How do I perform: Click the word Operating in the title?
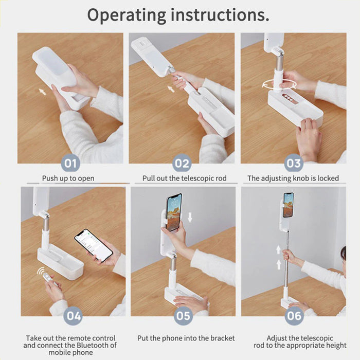click(x=127, y=15)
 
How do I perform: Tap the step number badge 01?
click(x=70, y=163)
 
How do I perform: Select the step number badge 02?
click(x=182, y=163)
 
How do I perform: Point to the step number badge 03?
click(x=294, y=163)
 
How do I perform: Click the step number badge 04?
click(x=73, y=316)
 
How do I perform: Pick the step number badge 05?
click(x=183, y=316)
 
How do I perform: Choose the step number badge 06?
click(x=294, y=316)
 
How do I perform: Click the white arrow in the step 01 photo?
click(x=42, y=92)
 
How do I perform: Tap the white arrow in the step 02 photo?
click(x=171, y=88)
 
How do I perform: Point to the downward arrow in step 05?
click(x=190, y=218)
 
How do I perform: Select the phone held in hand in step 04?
click(x=94, y=245)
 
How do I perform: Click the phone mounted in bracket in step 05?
click(x=174, y=212)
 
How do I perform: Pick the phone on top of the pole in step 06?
click(x=289, y=205)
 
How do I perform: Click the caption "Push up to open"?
click(x=68, y=178)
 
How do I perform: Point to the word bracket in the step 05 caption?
click(x=223, y=338)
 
